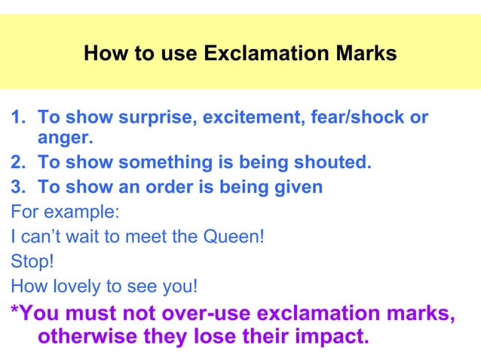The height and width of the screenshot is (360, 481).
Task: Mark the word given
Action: tap(295, 187)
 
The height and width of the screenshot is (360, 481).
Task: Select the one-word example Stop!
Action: tap(27, 261)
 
